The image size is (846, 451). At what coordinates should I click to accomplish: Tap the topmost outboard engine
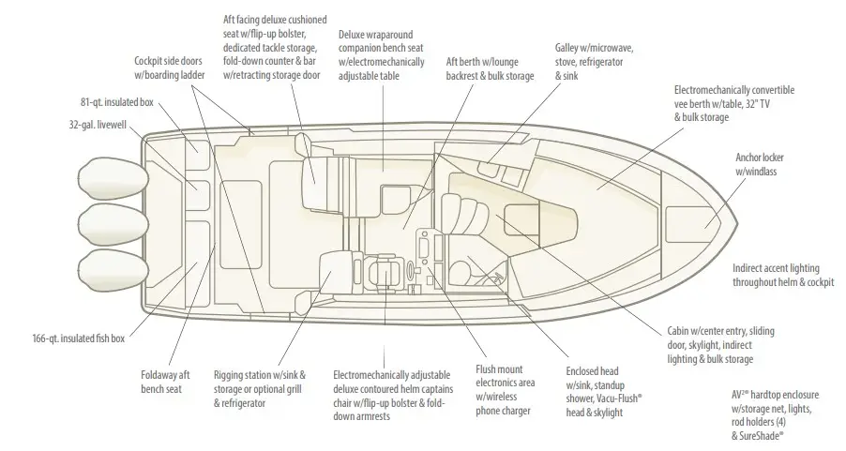tap(113, 178)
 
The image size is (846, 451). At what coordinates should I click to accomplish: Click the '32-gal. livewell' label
tap(98, 125)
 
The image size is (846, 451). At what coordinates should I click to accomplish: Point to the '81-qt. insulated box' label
tap(117, 102)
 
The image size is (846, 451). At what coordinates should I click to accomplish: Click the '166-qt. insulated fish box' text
tap(79, 338)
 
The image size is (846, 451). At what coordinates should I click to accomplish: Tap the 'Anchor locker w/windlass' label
tap(760, 164)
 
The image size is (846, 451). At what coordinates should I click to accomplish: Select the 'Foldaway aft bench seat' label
tap(165, 382)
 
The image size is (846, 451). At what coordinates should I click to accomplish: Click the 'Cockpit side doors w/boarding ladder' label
tap(170, 68)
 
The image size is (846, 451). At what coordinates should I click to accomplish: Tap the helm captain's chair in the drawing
tap(385, 270)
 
